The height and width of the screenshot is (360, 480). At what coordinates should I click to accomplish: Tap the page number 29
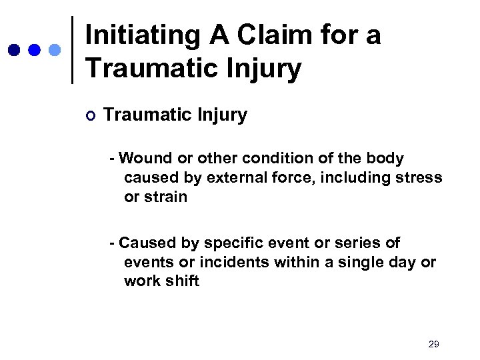[433, 344]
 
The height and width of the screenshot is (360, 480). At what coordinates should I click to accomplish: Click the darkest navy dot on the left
[14, 50]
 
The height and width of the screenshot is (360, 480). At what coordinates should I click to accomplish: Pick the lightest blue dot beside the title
[55, 50]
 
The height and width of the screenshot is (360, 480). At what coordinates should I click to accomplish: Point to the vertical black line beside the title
[72, 50]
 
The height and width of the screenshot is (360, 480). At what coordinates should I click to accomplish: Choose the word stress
[421, 178]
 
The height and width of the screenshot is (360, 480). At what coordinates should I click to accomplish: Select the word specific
[237, 243]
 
